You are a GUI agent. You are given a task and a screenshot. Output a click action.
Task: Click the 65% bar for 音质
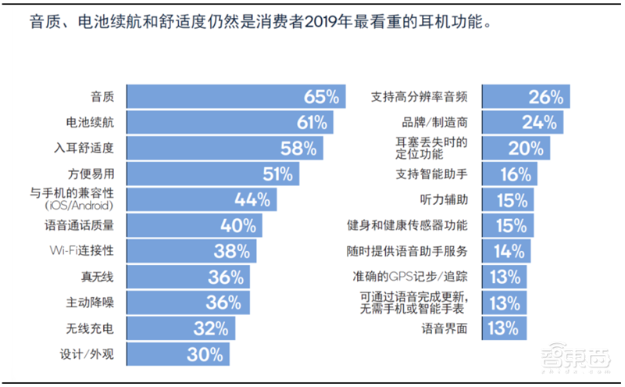click(x=234, y=97)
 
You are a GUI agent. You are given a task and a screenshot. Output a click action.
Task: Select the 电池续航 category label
click(x=91, y=123)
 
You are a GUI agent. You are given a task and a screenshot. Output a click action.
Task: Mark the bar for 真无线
click(x=187, y=277)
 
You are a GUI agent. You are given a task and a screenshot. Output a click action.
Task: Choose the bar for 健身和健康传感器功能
click(x=507, y=226)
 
